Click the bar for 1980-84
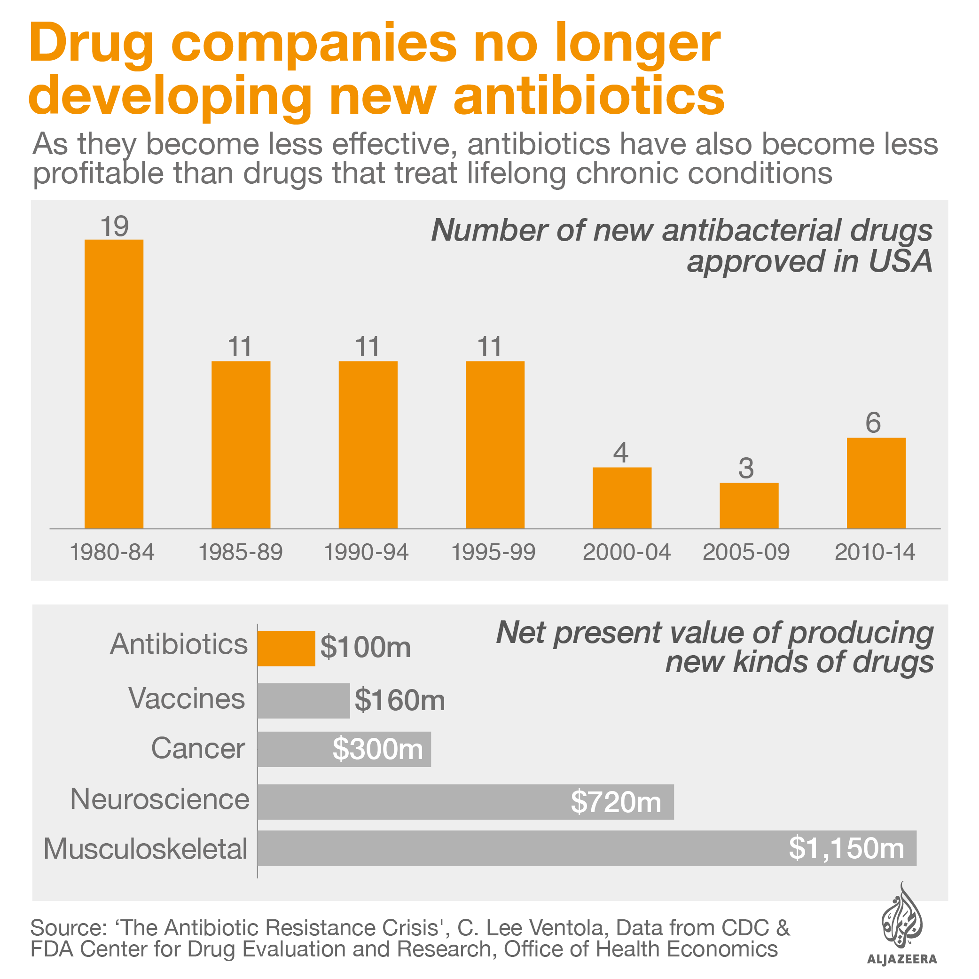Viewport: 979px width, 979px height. click(x=114, y=384)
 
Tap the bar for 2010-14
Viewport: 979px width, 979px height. click(x=876, y=483)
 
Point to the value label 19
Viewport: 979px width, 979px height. click(x=114, y=226)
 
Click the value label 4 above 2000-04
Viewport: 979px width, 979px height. click(x=621, y=453)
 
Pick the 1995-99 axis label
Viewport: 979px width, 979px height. click(x=493, y=552)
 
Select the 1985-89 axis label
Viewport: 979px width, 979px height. click(x=240, y=552)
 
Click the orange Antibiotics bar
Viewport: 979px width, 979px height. click(x=286, y=648)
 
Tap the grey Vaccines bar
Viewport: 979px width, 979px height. click(x=303, y=700)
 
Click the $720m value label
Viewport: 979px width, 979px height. click(x=616, y=802)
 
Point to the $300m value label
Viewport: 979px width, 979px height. click(x=377, y=749)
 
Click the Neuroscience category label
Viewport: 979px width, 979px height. click(x=160, y=799)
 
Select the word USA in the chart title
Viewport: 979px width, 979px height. click(x=900, y=261)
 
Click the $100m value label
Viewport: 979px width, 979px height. click(x=365, y=647)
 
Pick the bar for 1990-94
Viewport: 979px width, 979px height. click(x=368, y=445)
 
